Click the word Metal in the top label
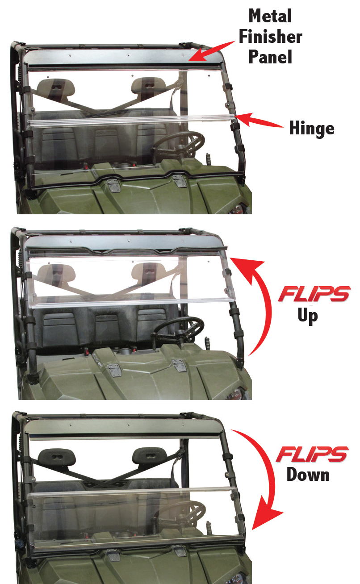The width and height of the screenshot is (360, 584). (x=271, y=17)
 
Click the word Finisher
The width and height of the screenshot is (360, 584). (x=271, y=37)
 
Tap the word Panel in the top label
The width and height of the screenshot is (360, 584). (x=271, y=57)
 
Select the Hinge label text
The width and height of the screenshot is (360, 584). (x=311, y=129)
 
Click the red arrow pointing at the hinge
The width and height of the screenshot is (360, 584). (x=259, y=121)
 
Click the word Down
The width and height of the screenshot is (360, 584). (x=308, y=474)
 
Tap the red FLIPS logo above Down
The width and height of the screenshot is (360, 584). (x=312, y=454)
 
